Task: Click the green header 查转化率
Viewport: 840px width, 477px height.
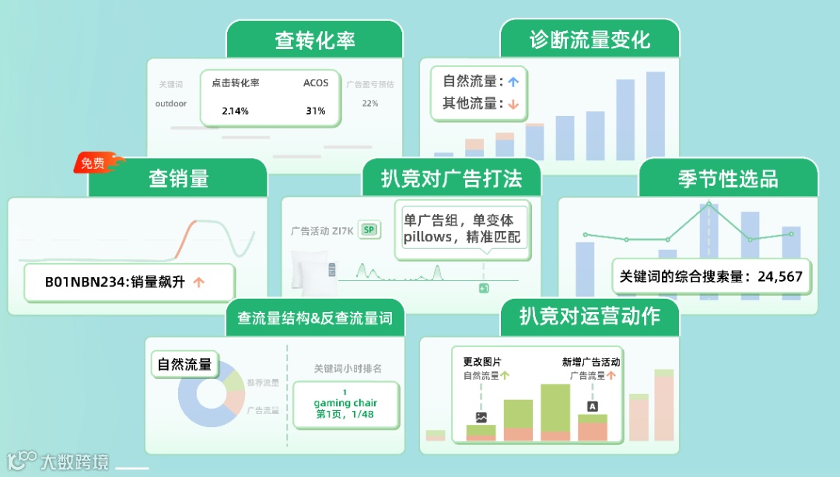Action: pyautogui.click(x=314, y=40)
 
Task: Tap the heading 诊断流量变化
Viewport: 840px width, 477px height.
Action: pyautogui.click(x=590, y=40)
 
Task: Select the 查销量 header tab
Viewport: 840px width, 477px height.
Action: pyautogui.click(x=178, y=179)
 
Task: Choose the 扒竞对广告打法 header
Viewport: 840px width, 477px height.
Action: pyautogui.click(x=451, y=179)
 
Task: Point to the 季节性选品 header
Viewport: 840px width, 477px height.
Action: pyautogui.click(x=728, y=179)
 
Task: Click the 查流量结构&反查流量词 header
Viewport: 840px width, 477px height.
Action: pyautogui.click(x=314, y=318)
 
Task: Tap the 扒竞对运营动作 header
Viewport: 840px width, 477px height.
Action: pyautogui.click(x=589, y=317)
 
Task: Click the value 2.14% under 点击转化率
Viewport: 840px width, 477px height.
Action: pyautogui.click(x=235, y=111)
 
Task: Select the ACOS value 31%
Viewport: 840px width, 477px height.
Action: pyautogui.click(x=316, y=111)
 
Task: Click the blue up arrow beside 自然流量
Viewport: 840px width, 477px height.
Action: pyautogui.click(x=513, y=81)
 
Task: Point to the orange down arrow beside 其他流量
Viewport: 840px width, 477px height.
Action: pyautogui.click(x=513, y=103)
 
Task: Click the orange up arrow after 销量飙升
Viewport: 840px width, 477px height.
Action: pyautogui.click(x=198, y=282)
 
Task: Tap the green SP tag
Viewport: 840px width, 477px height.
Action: pyautogui.click(x=369, y=230)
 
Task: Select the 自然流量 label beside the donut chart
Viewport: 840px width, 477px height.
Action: pyautogui.click(x=184, y=364)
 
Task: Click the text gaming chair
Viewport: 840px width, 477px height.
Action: pyautogui.click(x=345, y=403)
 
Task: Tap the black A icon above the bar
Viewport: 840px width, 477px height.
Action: pyautogui.click(x=593, y=406)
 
